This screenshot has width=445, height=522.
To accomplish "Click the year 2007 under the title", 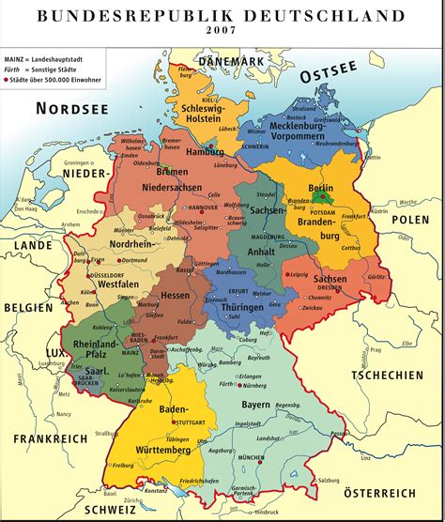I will (x=223, y=30).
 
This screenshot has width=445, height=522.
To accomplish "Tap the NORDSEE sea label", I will (x=72, y=109).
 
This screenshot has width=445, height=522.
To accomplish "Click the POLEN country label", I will (x=410, y=219).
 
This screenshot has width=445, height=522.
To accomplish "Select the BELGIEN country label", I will (x=27, y=307).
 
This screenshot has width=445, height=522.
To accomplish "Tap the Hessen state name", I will (x=176, y=294).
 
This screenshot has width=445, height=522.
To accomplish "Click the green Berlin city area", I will (x=323, y=198).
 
